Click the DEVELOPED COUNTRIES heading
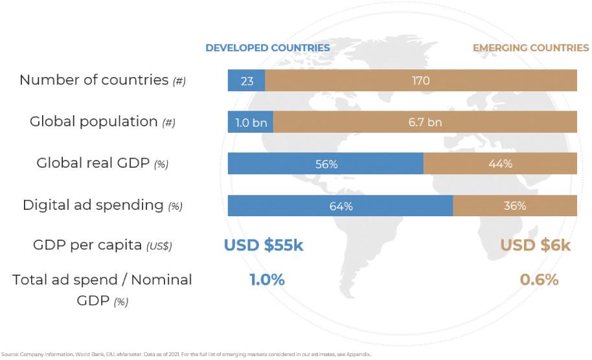coord(268,48)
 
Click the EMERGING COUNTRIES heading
coord(530,48)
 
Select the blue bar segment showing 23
coord(246,81)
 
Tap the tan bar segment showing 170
coord(421,81)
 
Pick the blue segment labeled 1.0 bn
coord(250,122)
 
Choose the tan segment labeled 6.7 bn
coord(425,122)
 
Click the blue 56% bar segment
coord(326,164)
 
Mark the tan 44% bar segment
coord(500,164)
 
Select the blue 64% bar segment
coord(340,206)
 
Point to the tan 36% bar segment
coord(515,206)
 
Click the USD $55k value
coord(264,245)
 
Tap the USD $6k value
coord(535,245)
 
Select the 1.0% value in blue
coord(267,280)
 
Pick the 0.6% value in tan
coord(539,280)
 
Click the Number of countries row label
coord(102,80)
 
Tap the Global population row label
coord(102,122)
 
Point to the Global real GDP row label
coord(102,163)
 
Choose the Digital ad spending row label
coord(102,205)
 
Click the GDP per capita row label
coord(102,245)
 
